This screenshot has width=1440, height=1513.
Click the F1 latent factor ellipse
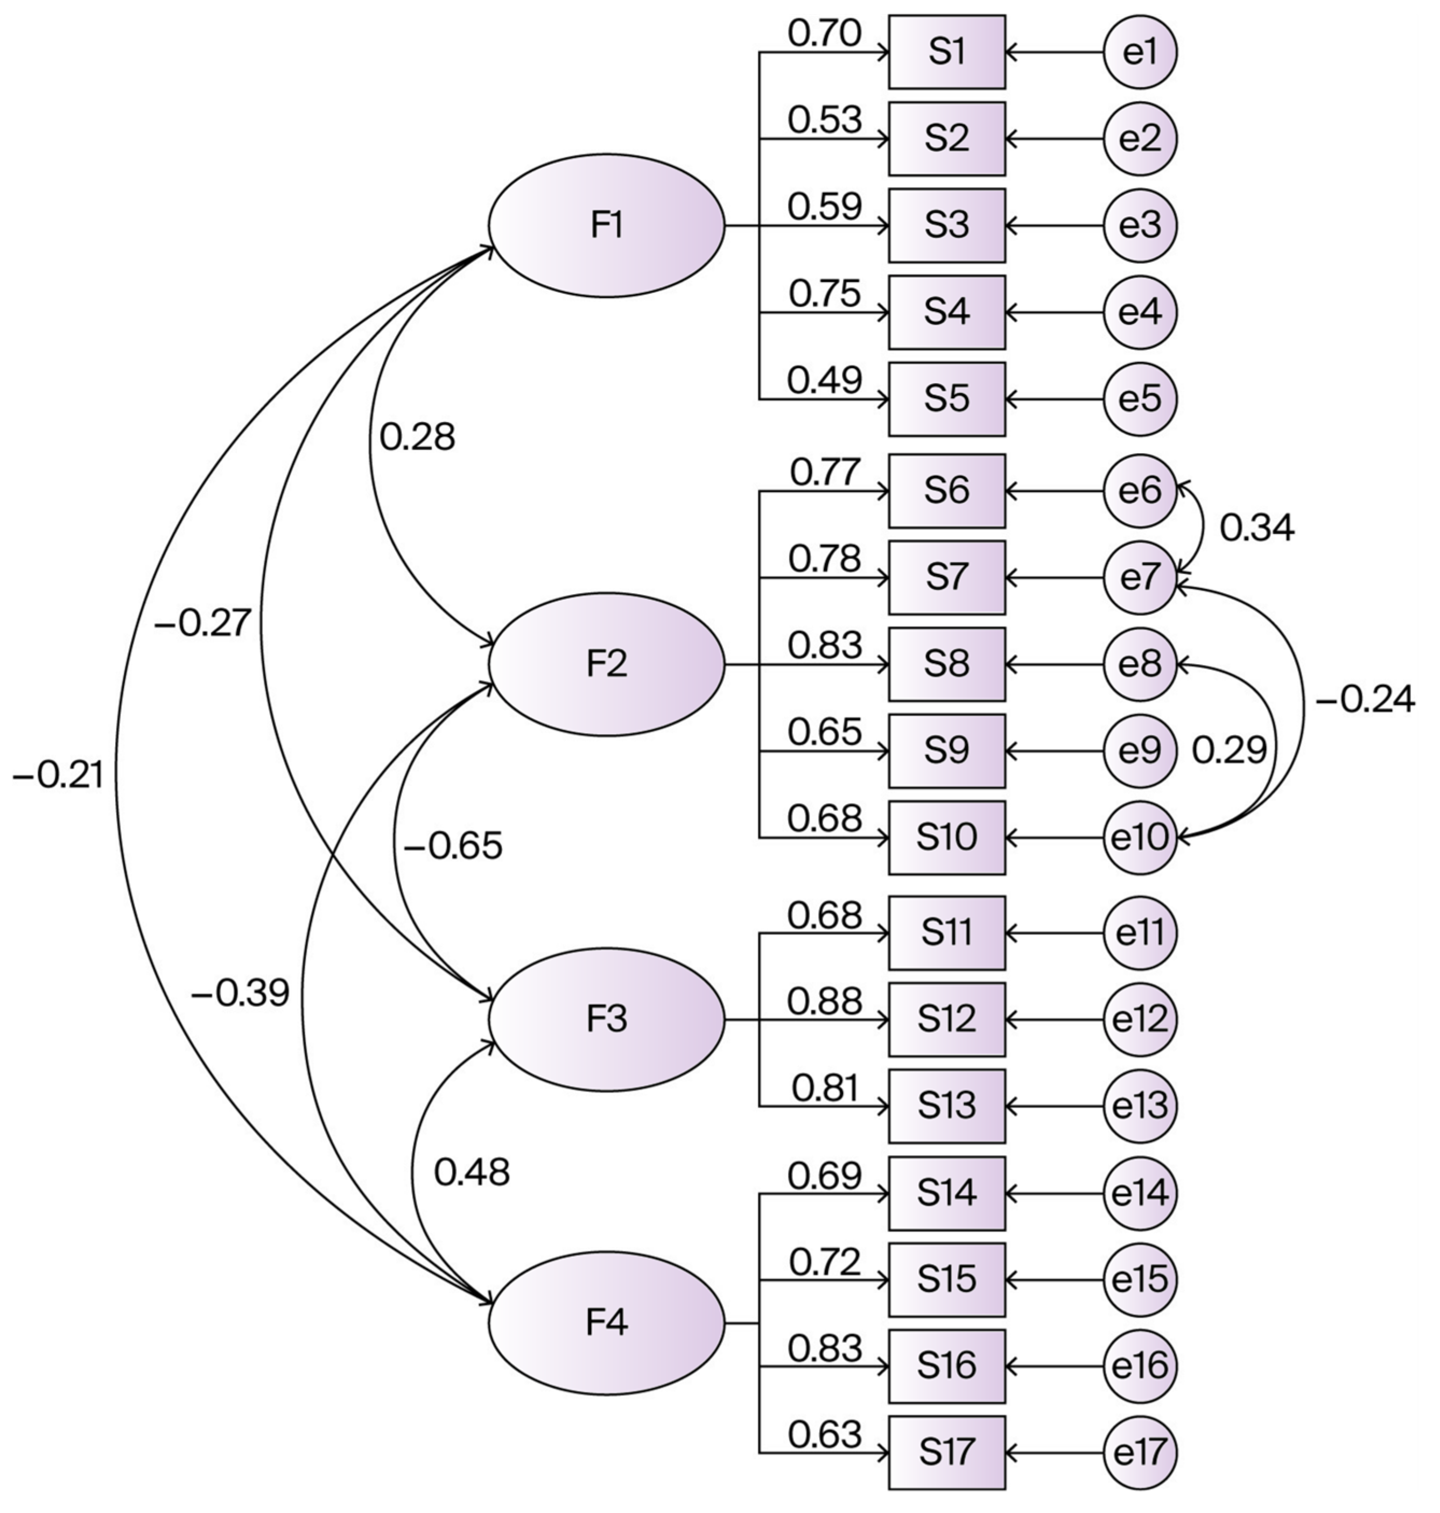(x=606, y=226)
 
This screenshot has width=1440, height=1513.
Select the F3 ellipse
(x=606, y=1019)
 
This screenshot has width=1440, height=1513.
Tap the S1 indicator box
(x=946, y=52)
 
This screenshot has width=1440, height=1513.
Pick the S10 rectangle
(x=946, y=838)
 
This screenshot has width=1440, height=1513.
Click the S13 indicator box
(x=946, y=1106)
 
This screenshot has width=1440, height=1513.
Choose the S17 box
(x=946, y=1452)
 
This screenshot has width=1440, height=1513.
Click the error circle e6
(x=1140, y=490)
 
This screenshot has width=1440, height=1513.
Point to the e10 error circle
(x=1140, y=838)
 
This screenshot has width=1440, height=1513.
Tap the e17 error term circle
(x=1140, y=1452)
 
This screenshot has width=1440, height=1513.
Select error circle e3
(x=1140, y=226)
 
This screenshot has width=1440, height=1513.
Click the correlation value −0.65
(x=453, y=846)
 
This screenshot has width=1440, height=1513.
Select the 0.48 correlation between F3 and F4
(x=472, y=1173)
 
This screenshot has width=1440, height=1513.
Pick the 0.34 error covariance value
(x=1256, y=528)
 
